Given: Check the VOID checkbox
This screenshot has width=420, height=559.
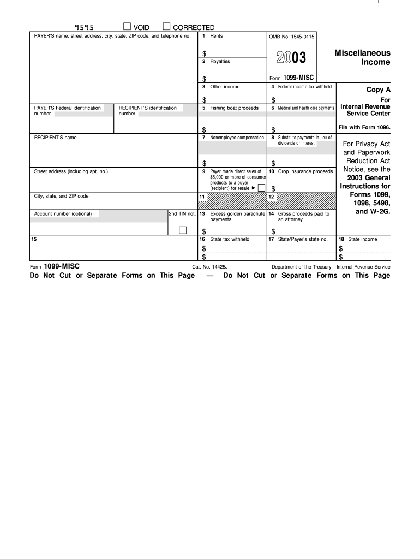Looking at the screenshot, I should pos(127,27).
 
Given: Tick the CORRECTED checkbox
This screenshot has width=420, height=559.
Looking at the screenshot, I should pos(166,27).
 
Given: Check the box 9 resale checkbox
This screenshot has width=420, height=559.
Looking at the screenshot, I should pos(261,188).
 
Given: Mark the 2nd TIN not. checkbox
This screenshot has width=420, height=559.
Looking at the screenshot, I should pos(183,230).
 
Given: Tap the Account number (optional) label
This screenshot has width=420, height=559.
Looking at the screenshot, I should pos(63,214).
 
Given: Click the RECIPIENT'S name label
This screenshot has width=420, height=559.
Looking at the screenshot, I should pos(55,138).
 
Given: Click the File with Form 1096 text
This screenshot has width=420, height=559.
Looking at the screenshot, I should pos(364,127).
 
